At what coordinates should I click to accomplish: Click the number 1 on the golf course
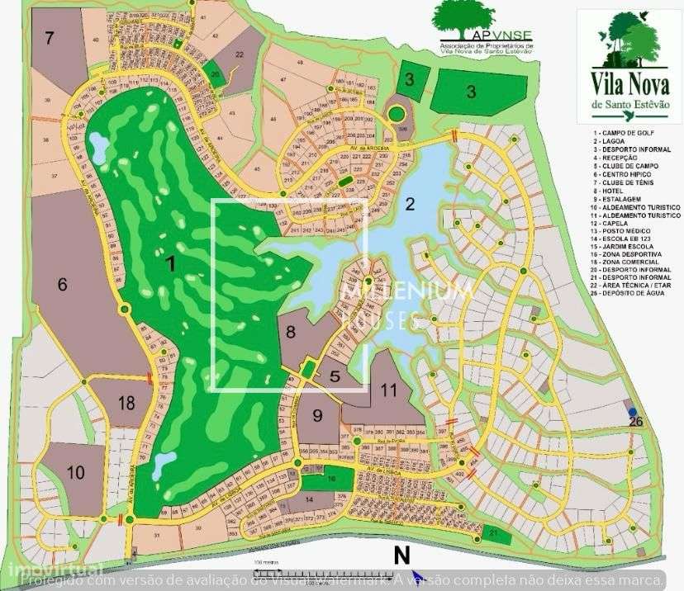click(171, 264)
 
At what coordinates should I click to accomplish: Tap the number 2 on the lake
click(410, 205)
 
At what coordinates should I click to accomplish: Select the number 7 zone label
click(50, 37)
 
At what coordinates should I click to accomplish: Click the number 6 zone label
click(61, 285)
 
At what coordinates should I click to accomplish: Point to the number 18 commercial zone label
click(126, 404)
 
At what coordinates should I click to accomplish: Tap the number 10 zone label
click(75, 473)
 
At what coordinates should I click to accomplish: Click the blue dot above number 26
click(632, 411)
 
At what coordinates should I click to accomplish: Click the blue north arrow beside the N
click(417, 575)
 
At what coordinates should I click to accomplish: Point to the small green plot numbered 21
click(493, 535)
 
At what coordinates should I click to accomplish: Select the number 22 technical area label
click(239, 54)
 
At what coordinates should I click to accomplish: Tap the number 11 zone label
click(389, 391)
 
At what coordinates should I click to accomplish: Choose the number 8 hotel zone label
click(290, 332)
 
